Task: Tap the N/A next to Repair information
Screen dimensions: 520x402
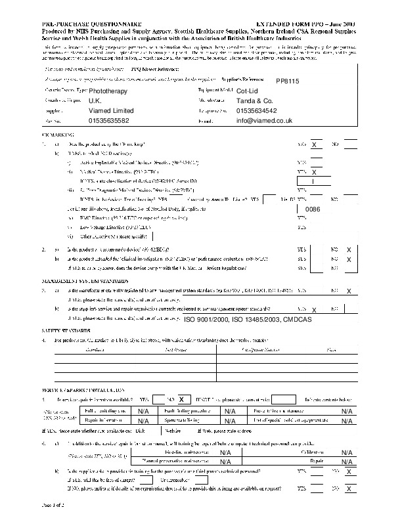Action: pos(144,422)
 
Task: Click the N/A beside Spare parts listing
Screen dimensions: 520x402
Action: pos(230,422)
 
